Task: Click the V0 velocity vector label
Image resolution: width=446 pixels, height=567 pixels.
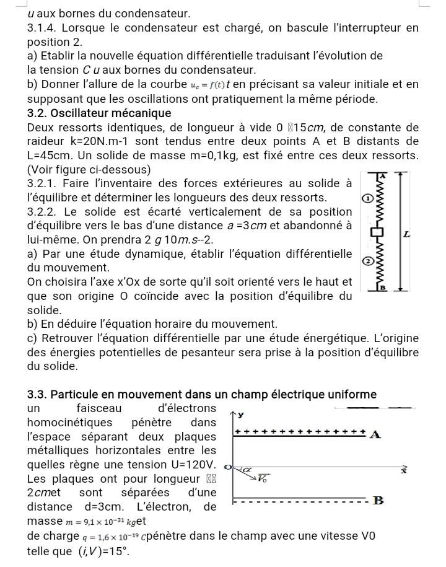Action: (x=263, y=478)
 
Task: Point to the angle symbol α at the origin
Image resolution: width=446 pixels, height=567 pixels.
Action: (x=246, y=471)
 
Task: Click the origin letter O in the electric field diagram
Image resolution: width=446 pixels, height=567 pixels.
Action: (x=227, y=466)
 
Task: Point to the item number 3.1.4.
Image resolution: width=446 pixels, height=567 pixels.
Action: (x=45, y=28)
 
